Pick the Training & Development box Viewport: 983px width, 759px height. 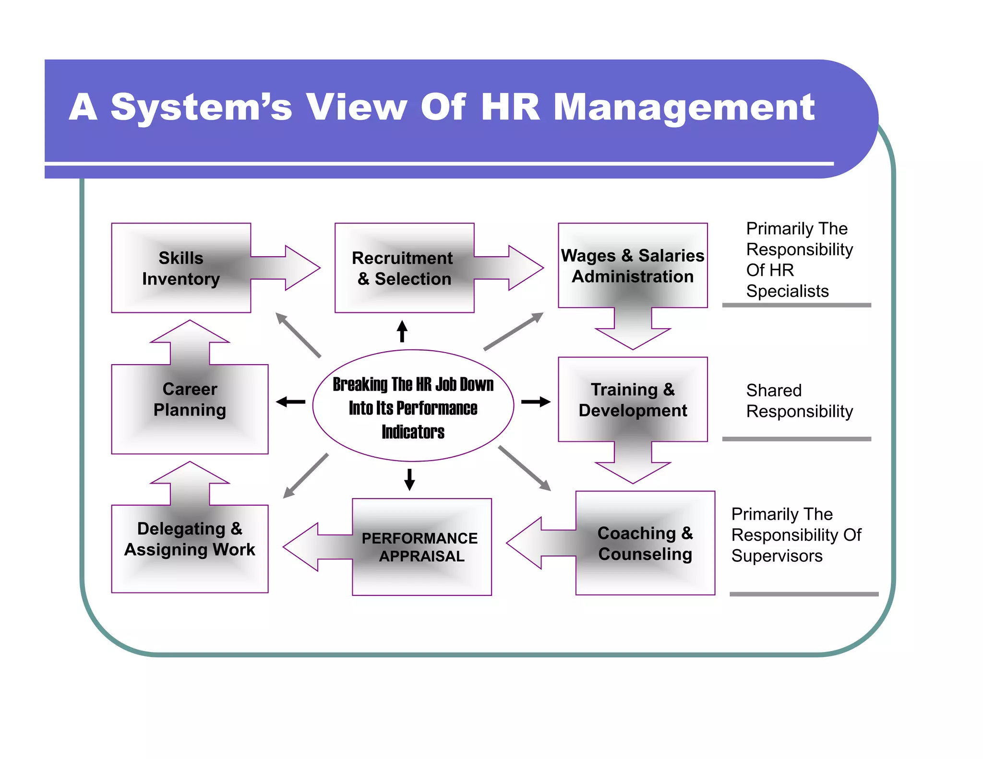(x=633, y=399)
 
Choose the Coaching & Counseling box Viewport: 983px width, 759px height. (x=645, y=543)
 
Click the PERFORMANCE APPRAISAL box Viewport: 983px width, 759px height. (x=421, y=547)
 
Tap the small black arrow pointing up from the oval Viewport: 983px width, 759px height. (x=402, y=331)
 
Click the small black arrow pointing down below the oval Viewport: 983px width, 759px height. (x=409, y=479)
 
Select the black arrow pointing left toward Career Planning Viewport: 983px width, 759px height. (x=291, y=402)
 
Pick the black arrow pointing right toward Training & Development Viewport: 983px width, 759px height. (x=536, y=402)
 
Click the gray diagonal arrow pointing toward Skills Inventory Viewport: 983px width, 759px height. (x=298, y=334)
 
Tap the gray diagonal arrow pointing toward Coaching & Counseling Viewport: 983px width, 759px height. (x=525, y=468)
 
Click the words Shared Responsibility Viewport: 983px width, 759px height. (x=799, y=401)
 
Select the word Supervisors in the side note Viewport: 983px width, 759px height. (x=777, y=556)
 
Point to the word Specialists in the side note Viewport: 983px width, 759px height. (x=787, y=291)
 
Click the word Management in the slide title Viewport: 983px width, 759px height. (x=684, y=107)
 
